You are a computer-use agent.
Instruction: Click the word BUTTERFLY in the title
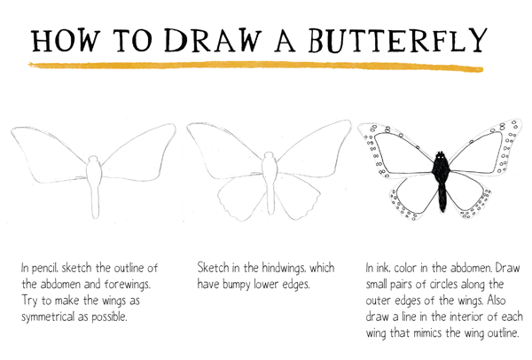tap(398, 40)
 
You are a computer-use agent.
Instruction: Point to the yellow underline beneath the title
tap(255, 66)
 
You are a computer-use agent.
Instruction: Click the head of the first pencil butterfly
tap(93, 159)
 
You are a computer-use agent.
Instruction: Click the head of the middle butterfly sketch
tap(269, 156)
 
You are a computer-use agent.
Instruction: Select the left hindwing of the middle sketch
tap(240, 197)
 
